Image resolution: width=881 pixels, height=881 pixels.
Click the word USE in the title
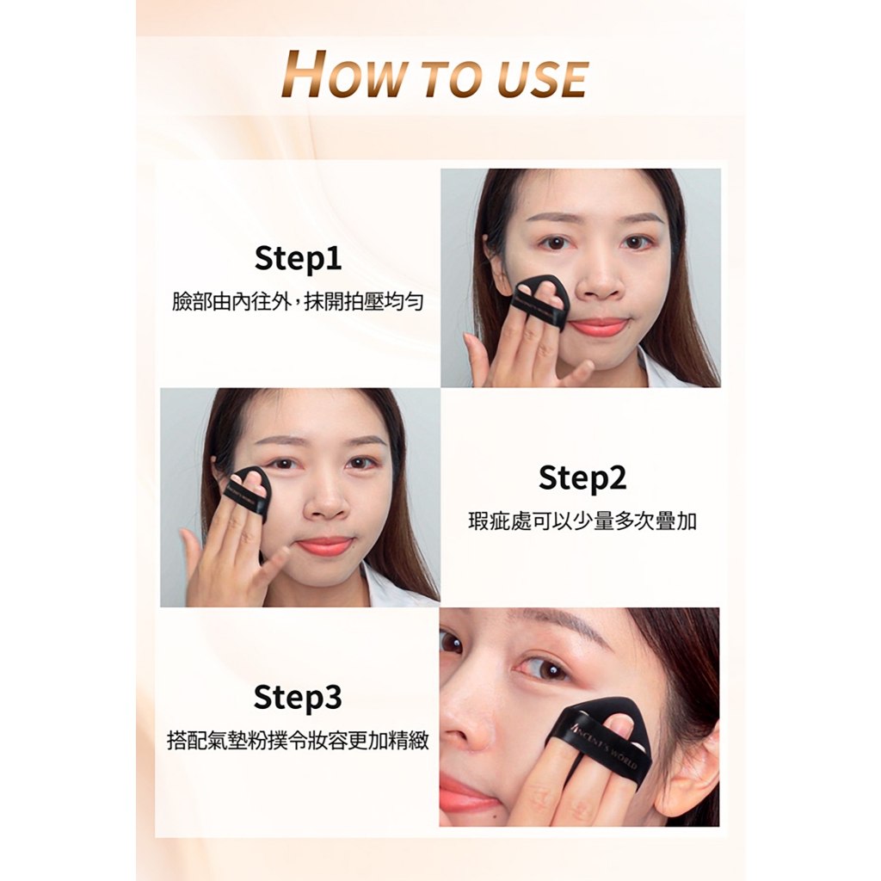[542, 78]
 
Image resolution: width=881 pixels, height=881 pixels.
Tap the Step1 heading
[298, 258]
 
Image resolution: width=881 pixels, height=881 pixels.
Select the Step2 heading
[582, 477]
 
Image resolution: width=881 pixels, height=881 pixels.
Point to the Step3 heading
[297, 697]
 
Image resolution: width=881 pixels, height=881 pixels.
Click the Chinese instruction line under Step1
[297, 302]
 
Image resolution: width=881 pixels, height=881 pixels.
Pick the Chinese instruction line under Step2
[582, 521]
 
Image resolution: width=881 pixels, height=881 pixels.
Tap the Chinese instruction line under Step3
[298, 741]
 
